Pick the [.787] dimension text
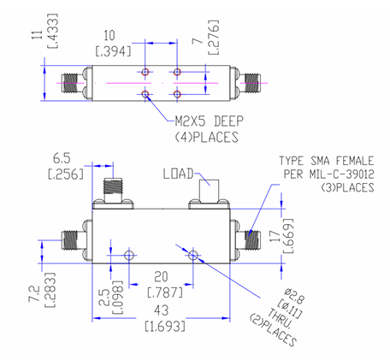(x=160, y=292)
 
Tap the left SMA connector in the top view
(x=70, y=83)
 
